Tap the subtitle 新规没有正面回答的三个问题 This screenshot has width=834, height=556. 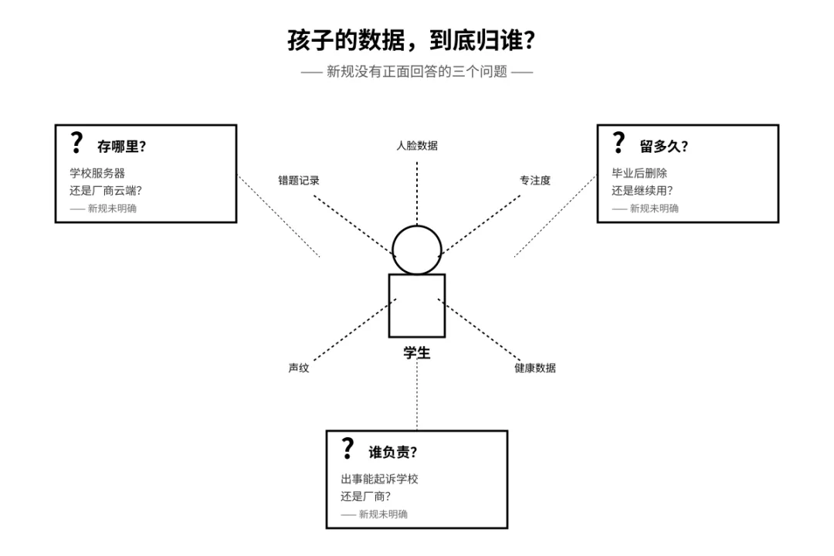[417, 73]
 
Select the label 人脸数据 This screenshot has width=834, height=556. [417, 145]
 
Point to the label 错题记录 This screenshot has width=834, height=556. [299, 181]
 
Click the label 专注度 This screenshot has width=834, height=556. [535, 181]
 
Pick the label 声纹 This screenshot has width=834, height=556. [299, 368]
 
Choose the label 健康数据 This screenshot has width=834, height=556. [535, 368]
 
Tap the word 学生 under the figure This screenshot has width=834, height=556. [417, 354]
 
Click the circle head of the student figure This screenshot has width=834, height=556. [417, 249]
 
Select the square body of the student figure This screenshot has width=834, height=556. [417, 306]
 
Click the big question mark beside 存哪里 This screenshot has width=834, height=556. [76, 144]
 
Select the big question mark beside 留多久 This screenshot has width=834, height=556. [618, 144]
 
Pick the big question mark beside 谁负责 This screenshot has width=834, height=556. [347, 449]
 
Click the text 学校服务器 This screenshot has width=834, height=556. [97, 173]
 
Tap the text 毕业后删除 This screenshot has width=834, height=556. [639, 173]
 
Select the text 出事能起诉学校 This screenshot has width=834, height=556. [380, 479]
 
